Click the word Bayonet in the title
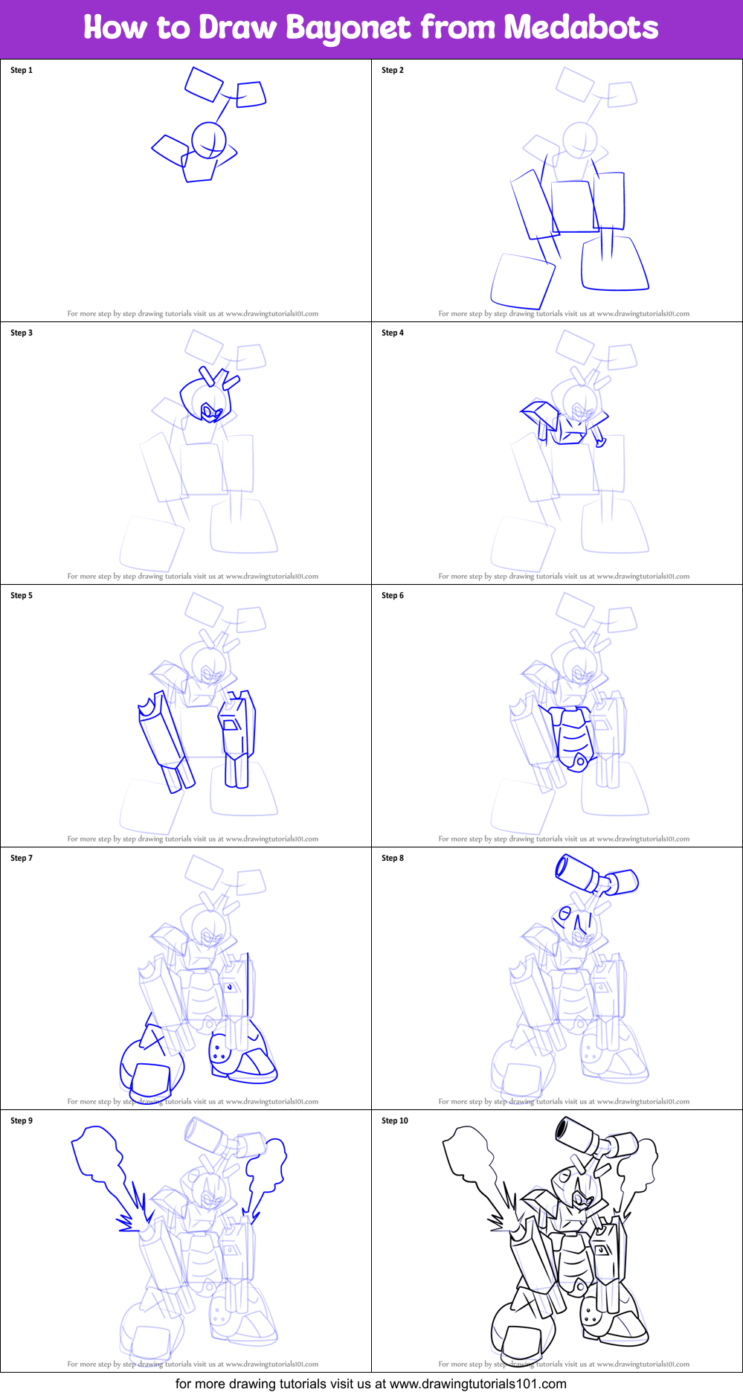[348, 28]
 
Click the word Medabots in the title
[581, 28]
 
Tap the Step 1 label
[22, 71]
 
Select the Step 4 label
[393, 333]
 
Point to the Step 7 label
[22, 859]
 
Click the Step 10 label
[395, 1121]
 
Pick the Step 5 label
[22, 596]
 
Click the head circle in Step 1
[208, 139]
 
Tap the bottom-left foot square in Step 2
[522, 280]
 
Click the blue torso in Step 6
[573, 737]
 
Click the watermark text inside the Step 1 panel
[193, 314]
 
